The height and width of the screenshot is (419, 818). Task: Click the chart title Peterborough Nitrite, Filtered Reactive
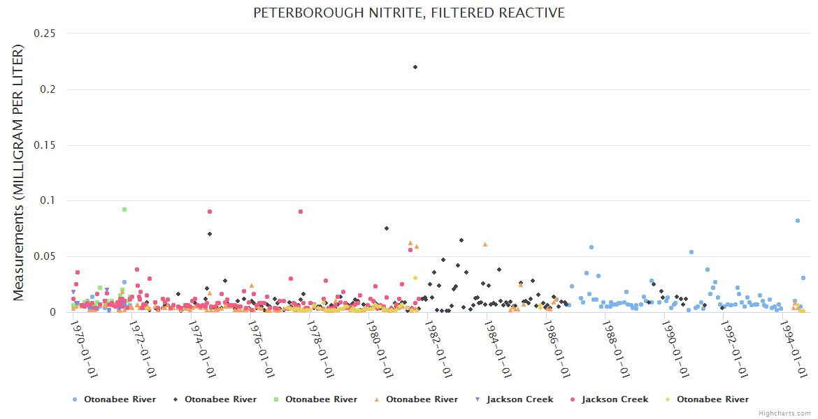[x=409, y=13]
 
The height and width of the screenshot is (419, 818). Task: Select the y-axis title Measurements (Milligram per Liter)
[x=19, y=172]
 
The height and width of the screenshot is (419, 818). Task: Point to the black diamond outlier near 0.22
[x=415, y=67]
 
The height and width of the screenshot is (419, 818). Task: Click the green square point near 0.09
[x=124, y=209]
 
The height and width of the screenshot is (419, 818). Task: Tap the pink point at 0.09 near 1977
[x=301, y=212]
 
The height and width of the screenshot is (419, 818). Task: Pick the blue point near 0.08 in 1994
[x=797, y=221]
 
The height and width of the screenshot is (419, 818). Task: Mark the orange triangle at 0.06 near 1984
[x=485, y=244]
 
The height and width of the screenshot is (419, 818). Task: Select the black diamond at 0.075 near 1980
[x=386, y=228]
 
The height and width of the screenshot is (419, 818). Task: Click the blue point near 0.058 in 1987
[x=591, y=247]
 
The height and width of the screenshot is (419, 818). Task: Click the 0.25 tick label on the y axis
[x=45, y=34]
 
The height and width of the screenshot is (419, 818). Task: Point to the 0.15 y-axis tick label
[x=45, y=145]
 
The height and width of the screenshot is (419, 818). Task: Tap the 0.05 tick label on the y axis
[x=45, y=256]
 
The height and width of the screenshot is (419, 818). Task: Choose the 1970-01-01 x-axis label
[x=84, y=348]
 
